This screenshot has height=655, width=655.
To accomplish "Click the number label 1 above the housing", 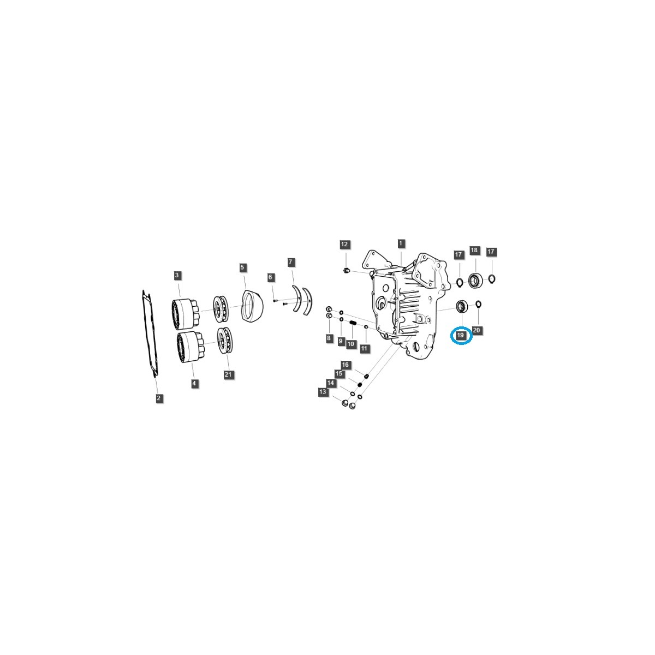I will coord(401,243).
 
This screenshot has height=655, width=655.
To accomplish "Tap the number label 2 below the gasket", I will coord(158,398).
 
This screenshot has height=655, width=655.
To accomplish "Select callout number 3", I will coord(177,275).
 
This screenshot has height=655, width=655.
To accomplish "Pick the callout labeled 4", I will coord(194,384).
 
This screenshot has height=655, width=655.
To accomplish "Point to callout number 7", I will coord(291,263).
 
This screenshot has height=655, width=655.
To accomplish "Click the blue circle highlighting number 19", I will coord(461,336).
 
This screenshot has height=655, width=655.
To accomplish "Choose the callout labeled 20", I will coord(477,330).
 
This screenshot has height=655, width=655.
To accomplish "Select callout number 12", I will coord(344,245).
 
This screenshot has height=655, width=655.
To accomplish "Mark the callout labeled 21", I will coord(228,374).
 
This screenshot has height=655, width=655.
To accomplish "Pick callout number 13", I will coord(323,392).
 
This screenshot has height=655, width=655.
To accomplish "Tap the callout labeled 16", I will coord(345,365).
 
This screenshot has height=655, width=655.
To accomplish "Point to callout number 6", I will coord(270,278).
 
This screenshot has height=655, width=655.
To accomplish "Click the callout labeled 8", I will coord(329,338).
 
